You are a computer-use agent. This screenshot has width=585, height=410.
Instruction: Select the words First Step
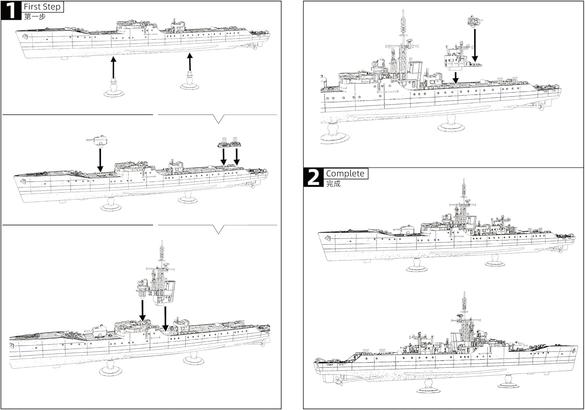point(42,7)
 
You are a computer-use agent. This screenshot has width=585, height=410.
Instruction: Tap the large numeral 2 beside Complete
point(313,177)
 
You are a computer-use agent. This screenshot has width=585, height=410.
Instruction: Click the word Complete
point(345,173)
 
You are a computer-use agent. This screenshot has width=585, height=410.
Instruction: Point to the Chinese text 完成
point(333,184)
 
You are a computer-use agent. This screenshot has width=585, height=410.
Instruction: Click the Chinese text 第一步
point(35,17)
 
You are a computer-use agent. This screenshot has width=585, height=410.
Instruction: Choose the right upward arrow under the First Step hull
point(190,62)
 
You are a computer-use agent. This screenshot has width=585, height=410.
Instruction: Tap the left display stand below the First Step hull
point(113,89)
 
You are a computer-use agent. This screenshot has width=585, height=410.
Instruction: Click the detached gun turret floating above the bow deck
point(98,139)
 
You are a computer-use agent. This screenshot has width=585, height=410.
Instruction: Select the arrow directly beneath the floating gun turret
point(100,160)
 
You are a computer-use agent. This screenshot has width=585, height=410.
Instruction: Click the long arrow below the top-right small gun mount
point(475,45)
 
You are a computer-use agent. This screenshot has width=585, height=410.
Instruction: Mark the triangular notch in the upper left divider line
point(219,119)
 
